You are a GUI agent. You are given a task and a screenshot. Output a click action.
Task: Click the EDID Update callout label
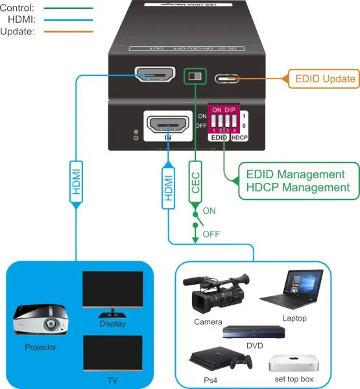[x=325, y=79]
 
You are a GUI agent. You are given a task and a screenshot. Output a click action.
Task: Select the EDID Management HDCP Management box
[x=290, y=180]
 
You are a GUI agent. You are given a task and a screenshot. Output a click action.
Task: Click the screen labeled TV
[x=113, y=353]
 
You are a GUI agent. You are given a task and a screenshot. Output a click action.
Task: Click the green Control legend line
[x=67, y=9]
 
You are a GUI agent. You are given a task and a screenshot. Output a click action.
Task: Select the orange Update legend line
[x=67, y=32]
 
